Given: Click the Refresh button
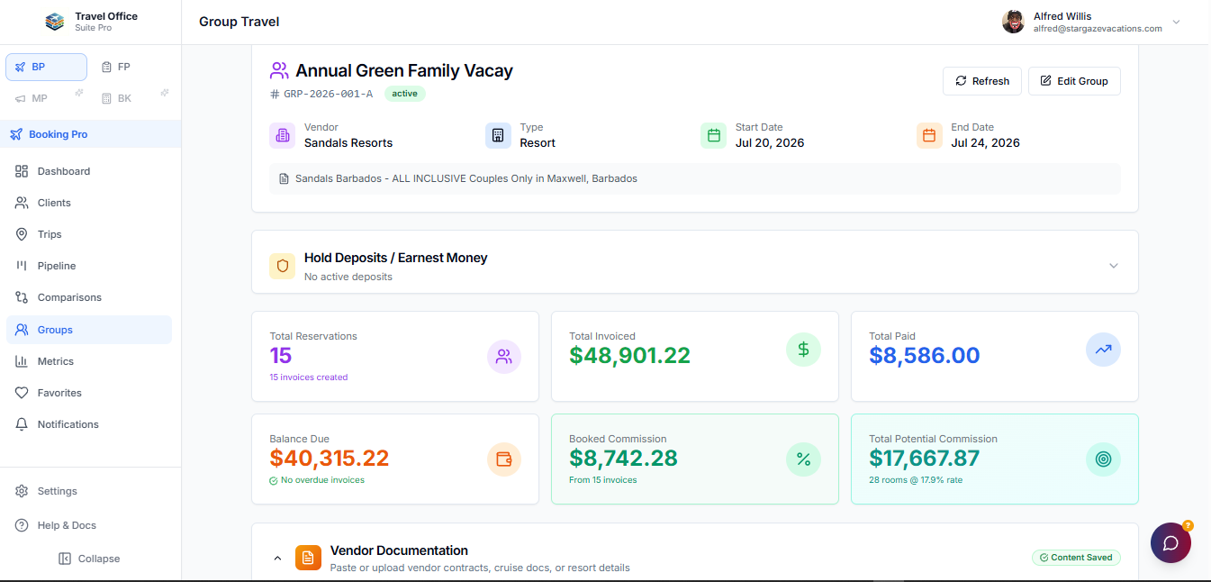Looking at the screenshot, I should tap(982, 81).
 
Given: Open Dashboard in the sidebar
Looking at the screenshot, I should tap(63, 171).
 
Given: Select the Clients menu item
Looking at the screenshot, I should tap(54, 203).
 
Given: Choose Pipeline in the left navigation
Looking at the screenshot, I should tap(56, 266).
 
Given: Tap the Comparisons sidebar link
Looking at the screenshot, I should tap(68, 297).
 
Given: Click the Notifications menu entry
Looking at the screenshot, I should tap(68, 424).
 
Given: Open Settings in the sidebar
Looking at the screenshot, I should tap(57, 491).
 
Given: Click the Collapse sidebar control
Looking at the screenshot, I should tap(89, 559).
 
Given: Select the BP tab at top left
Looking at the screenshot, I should tap(46, 67).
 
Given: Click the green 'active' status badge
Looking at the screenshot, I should tap(404, 94).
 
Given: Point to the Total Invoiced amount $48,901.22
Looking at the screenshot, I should tap(629, 356).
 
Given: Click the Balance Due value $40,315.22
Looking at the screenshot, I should tap(330, 459).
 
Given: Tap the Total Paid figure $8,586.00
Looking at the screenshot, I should tap(924, 356).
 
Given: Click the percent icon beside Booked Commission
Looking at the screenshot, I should tap(803, 459).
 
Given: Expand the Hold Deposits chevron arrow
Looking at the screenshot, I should tap(1114, 266).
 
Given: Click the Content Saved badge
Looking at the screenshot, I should tap(1076, 558).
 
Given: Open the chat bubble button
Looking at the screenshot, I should tap(1170, 543).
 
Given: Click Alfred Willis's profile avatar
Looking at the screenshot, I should tap(1013, 22).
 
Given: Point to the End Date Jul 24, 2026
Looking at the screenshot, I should tap(985, 143).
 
